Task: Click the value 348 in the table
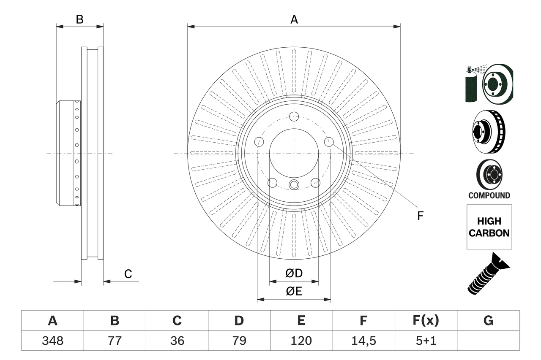point(52,341)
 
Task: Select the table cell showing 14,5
point(363,341)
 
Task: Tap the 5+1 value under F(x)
point(426,341)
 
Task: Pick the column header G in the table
point(488,321)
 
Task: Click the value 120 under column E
point(301,341)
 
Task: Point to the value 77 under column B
point(115,341)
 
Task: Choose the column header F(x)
point(426,321)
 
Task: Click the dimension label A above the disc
point(294,19)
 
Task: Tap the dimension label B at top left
point(79,19)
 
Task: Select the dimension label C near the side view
point(128,274)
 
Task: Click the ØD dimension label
point(294,273)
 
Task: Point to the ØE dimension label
point(294,292)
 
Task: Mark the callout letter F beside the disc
point(420,216)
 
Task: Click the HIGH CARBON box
point(489,227)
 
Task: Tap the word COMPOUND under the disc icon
point(489,195)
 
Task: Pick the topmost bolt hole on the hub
point(294,116)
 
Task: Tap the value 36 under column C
point(177,341)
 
